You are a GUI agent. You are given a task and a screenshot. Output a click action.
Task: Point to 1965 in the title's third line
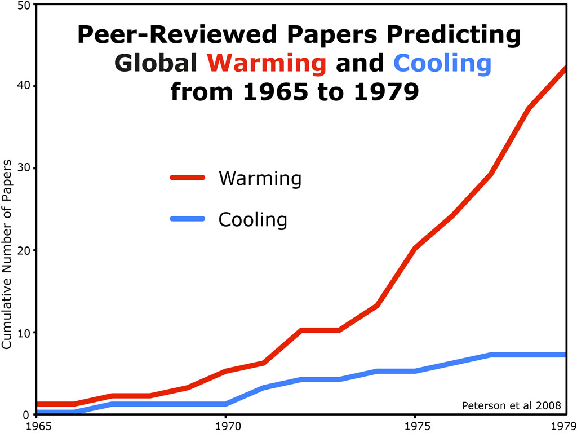click(273, 91)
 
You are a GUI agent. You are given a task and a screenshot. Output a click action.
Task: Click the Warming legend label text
click(260, 178)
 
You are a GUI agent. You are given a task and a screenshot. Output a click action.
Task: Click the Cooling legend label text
click(252, 219)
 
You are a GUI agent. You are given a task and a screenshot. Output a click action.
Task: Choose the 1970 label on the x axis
click(225, 425)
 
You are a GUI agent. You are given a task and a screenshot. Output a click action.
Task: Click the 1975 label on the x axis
click(415, 425)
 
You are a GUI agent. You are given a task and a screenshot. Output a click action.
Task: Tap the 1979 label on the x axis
click(563, 425)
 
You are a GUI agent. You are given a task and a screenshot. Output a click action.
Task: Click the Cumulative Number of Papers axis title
click(7, 254)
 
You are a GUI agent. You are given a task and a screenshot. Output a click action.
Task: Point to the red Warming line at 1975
click(415, 248)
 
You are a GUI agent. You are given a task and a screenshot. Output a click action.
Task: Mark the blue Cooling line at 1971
click(263, 388)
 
